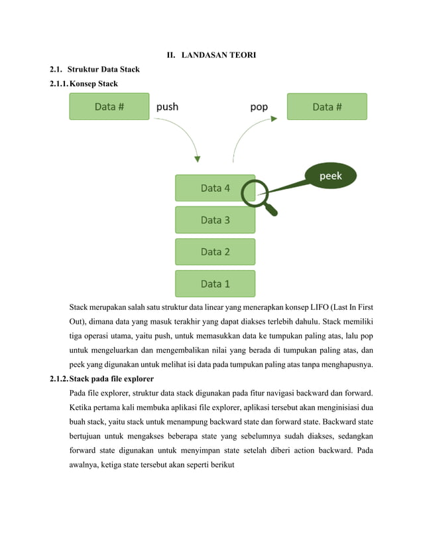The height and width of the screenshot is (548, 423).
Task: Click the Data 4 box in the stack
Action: [x=214, y=188]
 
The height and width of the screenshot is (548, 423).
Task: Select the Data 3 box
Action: [x=214, y=220]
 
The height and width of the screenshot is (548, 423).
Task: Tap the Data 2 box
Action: [x=214, y=251]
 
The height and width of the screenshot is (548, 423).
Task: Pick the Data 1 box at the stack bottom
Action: [x=214, y=283]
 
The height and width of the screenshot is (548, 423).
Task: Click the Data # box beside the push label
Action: [x=109, y=106]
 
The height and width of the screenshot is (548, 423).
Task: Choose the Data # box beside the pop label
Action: [x=327, y=106]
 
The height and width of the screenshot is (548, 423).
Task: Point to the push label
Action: [x=166, y=106]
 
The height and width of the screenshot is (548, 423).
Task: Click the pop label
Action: [x=259, y=106]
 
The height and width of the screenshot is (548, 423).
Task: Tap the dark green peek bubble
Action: [x=330, y=176]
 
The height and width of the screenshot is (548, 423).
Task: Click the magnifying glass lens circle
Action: [x=253, y=192]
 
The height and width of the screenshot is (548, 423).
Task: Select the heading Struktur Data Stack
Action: [x=103, y=70]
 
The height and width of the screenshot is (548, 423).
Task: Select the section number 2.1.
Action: [x=56, y=70]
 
